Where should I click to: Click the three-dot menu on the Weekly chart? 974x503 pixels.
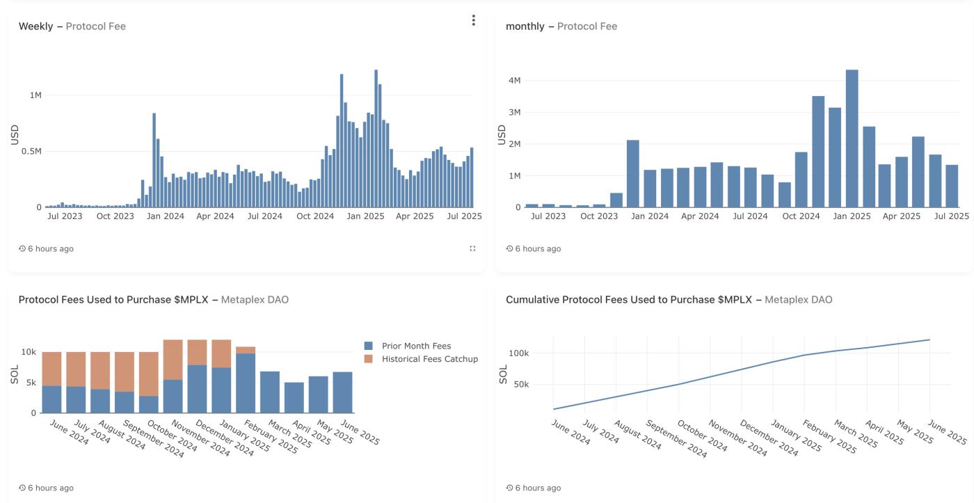(x=473, y=20)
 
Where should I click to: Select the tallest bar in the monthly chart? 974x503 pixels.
(x=852, y=138)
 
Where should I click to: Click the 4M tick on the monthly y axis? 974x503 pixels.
(x=515, y=81)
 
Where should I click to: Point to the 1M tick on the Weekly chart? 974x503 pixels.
(x=35, y=95)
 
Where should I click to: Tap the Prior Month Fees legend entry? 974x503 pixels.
(x=416, y=346)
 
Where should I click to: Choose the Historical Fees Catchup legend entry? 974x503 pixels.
(x=429, y=359)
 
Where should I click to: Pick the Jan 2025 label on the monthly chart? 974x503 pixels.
(x=852, y=216)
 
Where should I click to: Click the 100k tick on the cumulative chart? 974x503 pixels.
(x=518, y=353)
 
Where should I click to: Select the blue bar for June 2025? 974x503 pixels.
(x=342, y=392)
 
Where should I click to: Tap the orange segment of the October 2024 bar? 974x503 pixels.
(x=149, y=374)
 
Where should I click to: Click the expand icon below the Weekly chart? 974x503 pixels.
(x=473, y=248)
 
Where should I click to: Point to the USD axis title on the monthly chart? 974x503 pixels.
(x=502, y=135)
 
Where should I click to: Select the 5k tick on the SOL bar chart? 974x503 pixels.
(x=31, y=383)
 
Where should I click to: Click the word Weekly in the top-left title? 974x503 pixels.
(x=35, y=26)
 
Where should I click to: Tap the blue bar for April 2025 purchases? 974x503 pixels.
(x=294, y=397)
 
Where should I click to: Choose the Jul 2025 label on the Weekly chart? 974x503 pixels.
(x=464, y=216)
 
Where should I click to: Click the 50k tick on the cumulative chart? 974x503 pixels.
(x=520, y=384)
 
